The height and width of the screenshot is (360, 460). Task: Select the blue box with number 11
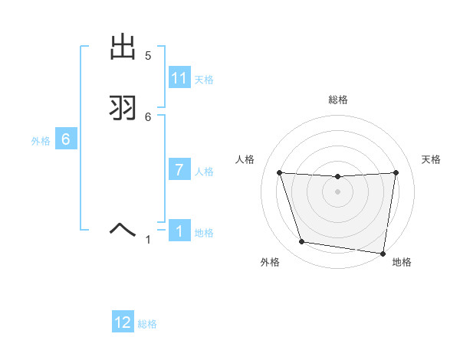179,78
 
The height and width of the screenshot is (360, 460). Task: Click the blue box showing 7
179,170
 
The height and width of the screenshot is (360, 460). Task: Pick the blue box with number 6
66,139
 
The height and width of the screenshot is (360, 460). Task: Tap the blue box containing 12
123,322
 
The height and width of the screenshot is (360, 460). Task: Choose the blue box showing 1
179,231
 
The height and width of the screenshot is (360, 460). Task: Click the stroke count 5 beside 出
148,56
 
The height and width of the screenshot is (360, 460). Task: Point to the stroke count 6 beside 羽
148,116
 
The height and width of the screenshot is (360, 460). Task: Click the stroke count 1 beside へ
149,240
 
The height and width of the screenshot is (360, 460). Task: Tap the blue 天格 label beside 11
204,80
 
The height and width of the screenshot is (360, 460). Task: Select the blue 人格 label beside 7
204,172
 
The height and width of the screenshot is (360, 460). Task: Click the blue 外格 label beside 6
41,141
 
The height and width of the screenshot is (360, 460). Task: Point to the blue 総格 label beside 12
147,325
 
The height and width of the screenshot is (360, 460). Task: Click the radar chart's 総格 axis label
337,100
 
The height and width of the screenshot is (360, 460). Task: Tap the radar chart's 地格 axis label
402,263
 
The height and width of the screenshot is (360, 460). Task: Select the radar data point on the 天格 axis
396,172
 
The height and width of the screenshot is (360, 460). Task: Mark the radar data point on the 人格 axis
279,172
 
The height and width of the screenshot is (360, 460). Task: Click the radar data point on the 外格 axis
302,242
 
